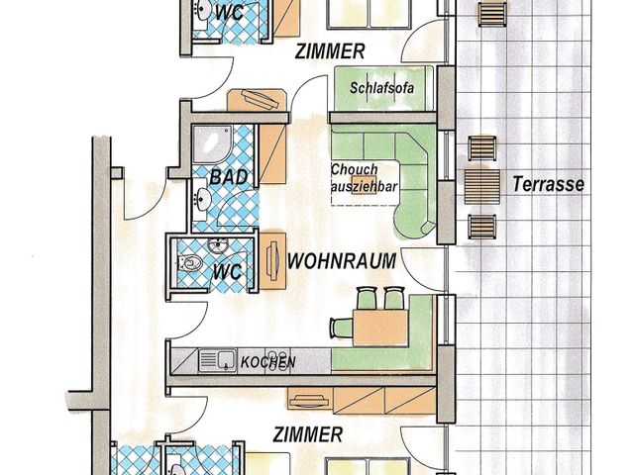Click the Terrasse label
[x=548, y=184]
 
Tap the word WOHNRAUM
[x=341, y=261]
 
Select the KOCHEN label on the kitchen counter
[x=268, y=362]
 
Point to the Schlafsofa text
[x=382, y=88]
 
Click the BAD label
[x=229, y=177]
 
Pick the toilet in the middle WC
[x=190, y=263]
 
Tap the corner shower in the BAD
[x=212, y=144]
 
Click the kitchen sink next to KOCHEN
[x=226, y=360]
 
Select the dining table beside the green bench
[x=380, y=328]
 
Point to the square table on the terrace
[x=481, y=187]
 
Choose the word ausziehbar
[x=365, y=187]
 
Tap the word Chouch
[x=355, y=169]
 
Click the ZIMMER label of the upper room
[x=330, y=51]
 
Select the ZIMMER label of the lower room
[x=308, y=435]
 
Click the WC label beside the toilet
[x=227, y=271]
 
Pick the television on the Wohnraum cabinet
[x=273, y=260]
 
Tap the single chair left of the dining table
[x=341, y=328]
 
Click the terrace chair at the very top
[x=492, y=14]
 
